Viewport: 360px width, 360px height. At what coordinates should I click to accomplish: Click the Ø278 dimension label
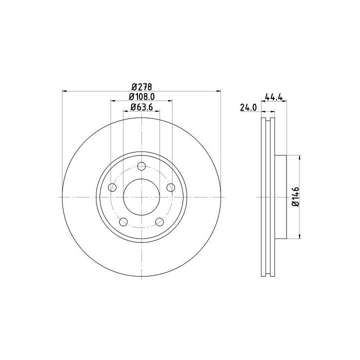click(141, 87)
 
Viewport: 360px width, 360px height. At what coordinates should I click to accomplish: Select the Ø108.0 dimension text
click(141, 96)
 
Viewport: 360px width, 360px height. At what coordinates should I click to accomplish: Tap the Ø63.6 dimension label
click(141, 107)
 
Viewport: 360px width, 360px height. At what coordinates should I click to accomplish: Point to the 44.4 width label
click(273, 96)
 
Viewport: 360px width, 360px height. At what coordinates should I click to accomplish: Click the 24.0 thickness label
click(248, 107)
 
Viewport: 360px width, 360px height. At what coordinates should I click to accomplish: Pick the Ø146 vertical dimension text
click(295, 197)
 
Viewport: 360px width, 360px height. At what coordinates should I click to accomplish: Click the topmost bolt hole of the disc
click(141, 166)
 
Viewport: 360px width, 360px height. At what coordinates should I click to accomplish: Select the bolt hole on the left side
click(112, 187)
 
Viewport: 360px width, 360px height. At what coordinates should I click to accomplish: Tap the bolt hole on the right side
click(171, 187)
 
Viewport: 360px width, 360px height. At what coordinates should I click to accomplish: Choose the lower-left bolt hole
click(123, 222)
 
